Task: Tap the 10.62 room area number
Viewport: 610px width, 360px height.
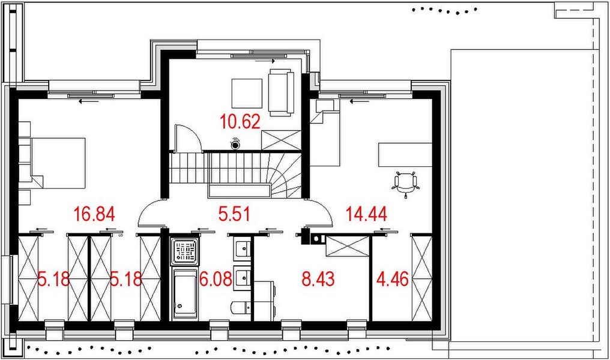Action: pos(240,122)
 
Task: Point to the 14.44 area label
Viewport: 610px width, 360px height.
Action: pos(364,213)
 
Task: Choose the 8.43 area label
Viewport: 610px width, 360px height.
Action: pos(316,279)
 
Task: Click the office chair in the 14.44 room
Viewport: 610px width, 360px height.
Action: pos(405,183)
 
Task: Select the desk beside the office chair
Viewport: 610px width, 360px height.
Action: pos(405,155)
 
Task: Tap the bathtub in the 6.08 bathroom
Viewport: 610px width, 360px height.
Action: pos(184,294)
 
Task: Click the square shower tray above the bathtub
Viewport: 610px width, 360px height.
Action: pos(184,252)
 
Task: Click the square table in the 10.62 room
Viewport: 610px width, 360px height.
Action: pos(247,93)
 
